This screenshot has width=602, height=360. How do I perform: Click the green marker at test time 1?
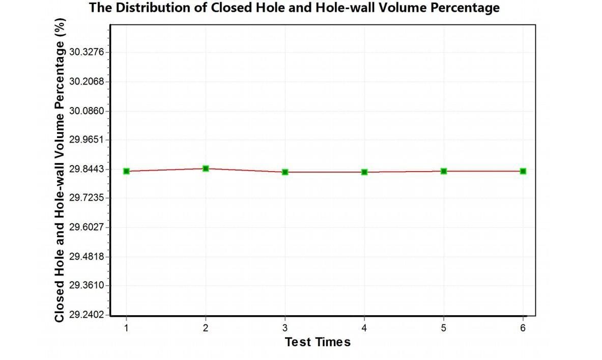pos(126,171)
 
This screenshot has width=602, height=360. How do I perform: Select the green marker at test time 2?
pos(206,168)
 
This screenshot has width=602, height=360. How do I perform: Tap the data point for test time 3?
pos(285,172)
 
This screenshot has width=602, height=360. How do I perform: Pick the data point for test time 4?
pos(364,172)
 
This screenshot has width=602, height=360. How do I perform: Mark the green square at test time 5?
pos(444,171)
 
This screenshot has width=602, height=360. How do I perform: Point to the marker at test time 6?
pos(523,171)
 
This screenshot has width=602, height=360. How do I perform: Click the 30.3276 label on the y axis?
pos(86,52)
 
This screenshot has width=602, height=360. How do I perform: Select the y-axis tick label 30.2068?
pos(86,81)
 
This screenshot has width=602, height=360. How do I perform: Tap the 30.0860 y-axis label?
pos(86,110)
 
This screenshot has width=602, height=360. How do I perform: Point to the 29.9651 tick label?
pos(86,140)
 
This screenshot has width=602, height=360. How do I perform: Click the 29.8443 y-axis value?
pos(86,169)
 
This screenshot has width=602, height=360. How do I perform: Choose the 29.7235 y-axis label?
pos(86,198)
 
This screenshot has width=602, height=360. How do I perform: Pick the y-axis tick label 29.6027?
pos(86,227)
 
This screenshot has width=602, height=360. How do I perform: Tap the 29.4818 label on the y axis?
pos(86,256)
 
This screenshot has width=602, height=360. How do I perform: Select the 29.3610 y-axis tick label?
pos(86,285)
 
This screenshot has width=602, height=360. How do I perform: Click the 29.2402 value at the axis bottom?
pos(86,315)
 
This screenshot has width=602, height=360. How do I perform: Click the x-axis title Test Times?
pos(318,342)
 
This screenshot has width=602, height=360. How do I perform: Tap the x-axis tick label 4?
pos(364,328)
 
